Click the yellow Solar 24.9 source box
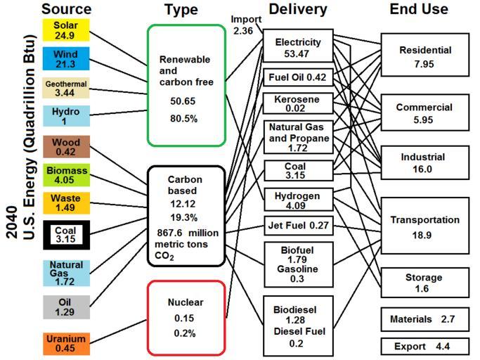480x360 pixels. point(66,30)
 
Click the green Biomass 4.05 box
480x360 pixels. point(66,175)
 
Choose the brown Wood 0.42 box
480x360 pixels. point(66,146)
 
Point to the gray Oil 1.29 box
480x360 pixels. point(66,307)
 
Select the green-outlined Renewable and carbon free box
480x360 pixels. point(186,85)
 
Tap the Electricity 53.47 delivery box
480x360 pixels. point(297,48)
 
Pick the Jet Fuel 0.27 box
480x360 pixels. point(297,226)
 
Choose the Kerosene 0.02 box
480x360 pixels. point(297,103)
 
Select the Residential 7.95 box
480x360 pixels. point(424,57)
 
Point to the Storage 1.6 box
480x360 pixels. point(424,283)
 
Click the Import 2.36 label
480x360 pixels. point(246,24)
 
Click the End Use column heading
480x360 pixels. point(419,9)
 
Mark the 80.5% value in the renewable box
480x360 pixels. point(184,119)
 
